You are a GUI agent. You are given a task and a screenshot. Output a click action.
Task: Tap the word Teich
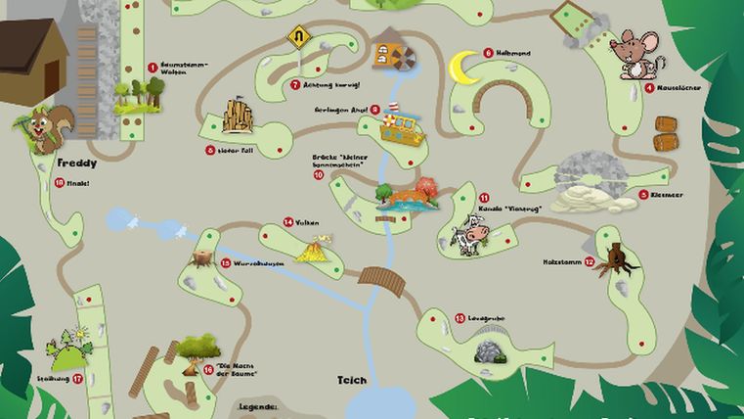pos(351,379)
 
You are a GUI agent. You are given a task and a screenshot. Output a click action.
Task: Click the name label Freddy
pos(76,163)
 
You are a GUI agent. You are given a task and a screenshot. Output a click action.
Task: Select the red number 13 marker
pos(460,317)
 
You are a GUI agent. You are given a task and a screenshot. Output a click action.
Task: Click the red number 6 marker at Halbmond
pos(488,53)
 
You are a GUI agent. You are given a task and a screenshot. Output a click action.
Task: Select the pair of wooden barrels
pos(665,133)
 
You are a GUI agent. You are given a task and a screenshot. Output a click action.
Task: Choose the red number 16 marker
pos(208,369)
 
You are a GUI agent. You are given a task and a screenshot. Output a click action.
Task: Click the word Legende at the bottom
pos(259,404)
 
